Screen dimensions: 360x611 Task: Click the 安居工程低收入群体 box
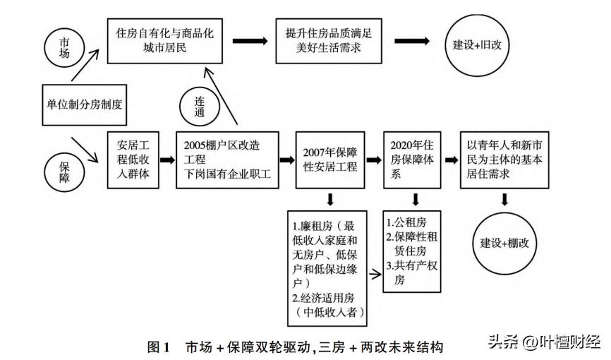133,160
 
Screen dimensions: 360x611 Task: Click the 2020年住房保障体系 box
411,160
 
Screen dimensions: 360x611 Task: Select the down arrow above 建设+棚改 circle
504,201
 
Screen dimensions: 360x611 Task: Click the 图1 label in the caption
159,347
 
